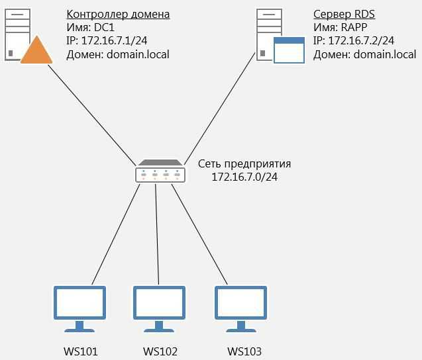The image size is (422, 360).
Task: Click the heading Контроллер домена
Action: pyautogui.click(x=118, y=15)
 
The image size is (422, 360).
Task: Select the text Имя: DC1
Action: pyautogui.click(x=90, y=27)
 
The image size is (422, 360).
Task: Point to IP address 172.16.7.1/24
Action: pyautogui.click(x=114, y=40)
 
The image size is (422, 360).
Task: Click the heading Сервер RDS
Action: pyautogui.click(x=344, y=15)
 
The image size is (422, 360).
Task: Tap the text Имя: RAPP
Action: pyautogui.click(x=341, y=27)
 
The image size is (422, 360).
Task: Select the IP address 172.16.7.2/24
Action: pyautogui.click(x=361, y=40)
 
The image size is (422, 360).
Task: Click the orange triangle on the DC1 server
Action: pyautogui.click(x=36, y=50)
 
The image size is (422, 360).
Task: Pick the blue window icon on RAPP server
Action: pyautogui.click(x=289, y=50)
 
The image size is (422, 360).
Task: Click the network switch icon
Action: pyautogui.click(x=160, y=171)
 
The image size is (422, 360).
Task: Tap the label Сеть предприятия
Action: pyautogui.click(x=244, y=164)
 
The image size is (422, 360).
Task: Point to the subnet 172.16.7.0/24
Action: pyautogui.click(x=244, y=177)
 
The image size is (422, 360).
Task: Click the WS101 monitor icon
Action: pyautogui.click(x=79, y=309)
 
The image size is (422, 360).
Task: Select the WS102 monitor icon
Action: pyautogui.click(x=159, y=309)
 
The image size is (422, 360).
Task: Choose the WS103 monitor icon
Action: pyautogui.click(x=241, y=309)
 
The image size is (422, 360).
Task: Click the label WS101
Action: pyautogui.click(x=80, y=351)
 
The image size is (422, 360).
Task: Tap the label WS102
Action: pyautogui.click(x=160, y=351)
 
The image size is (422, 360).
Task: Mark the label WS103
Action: pyautogui.click(x=244, y=351)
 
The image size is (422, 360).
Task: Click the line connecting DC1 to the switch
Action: pyautogui.click(x=92, y=115)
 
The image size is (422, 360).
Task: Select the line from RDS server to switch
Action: pyautogui.click(x=220, y=109)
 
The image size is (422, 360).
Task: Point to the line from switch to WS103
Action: pyautogui.click(x=199, y=234)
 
